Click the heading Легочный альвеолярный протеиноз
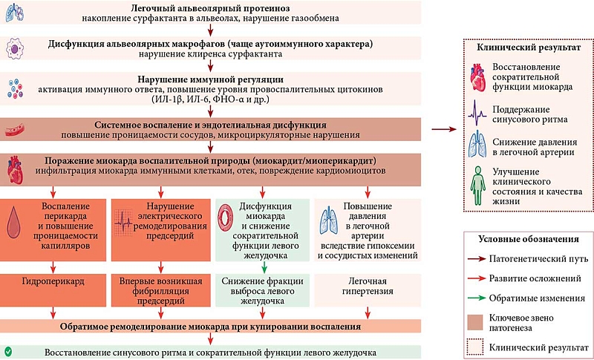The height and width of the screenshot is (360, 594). [210, 8]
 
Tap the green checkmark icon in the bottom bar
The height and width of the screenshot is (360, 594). [8, 352]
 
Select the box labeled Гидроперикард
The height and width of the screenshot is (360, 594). [53, 290]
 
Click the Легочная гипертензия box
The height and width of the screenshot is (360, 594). [367, 290]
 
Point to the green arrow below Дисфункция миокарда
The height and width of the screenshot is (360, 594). [264, 267]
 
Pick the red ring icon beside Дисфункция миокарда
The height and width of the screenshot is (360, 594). [226, 219]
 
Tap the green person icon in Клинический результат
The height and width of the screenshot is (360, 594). [478, 186]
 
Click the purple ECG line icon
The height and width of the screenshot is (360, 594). [477, 112]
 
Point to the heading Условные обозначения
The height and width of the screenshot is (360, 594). [529, 239]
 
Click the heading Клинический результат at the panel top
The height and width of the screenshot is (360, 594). [529, 48]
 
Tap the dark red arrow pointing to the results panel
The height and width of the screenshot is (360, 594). [444, 129]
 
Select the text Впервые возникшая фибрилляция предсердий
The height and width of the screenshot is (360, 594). [160, 292]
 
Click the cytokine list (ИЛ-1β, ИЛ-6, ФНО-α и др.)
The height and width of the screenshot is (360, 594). [211, 99]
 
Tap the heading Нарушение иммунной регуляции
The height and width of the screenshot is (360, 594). [211, 80]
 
